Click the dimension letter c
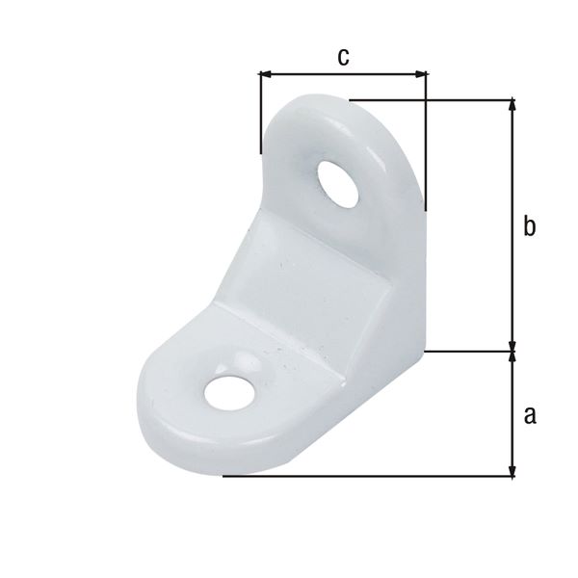point(343,57)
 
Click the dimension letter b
point(529,227)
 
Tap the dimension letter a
point(529,415)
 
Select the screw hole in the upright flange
point(338,184)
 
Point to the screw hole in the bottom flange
point(230,391)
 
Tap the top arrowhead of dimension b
point(512,105)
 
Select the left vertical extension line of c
point(260,116)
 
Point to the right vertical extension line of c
point(425,144)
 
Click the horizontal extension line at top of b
point(433,99)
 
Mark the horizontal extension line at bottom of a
point(366,476)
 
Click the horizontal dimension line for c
point(343,73)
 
